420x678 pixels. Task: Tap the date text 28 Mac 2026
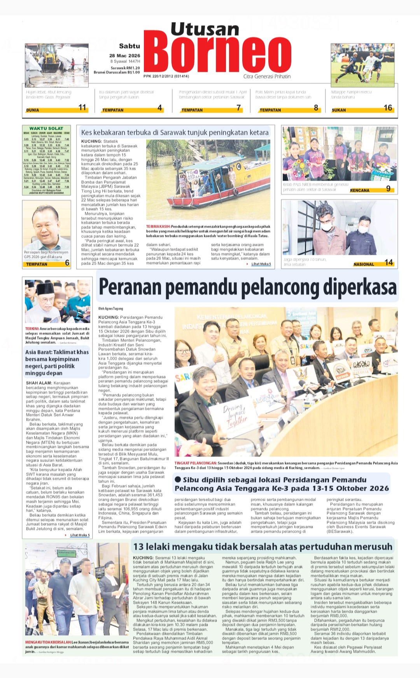pyautogui.click(x=124, y=56)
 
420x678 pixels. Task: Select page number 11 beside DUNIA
pyautogui.click(x=82, y=108)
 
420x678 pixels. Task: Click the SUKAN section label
pyautogui.click(x=339, y=110)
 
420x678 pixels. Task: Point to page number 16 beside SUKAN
pyautogui.click(x=388, y=108)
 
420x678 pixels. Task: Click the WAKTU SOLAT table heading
pyautogui.click(x=46, y=128)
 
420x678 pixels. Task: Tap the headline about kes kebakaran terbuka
pyautogui.click(x=175, y=132)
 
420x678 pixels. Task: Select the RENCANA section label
pyautogui.click(x=359, y=190)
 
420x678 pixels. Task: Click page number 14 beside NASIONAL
pyautogui.click(x=388, y=263)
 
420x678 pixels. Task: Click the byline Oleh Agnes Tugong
pyautogui.click(x=110, y=308)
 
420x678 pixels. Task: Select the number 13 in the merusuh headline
pyautogui.click(x=138, y=547)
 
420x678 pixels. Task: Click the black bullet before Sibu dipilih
pyautogui.click(x=178, y=479)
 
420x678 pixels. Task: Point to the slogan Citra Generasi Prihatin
pyautogui.click(x=267, y=77)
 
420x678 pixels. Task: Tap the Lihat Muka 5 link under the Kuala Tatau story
pyautogui.click(x=261, y=264)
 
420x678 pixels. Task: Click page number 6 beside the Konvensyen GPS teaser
pyautogui.click(x=67, y=263)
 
